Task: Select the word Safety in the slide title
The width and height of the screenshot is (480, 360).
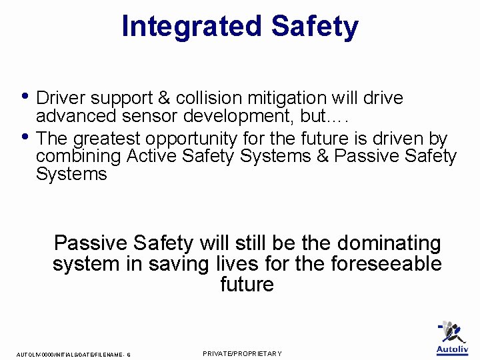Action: tap(315, 27)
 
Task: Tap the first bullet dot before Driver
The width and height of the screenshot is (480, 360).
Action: tap(25, 95)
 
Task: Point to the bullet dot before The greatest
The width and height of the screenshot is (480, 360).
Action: tap(25, 136)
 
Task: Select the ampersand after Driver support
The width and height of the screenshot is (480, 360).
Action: tap(164, 98)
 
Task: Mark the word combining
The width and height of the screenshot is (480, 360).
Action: tap(79, 157)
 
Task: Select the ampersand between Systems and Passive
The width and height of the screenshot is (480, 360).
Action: tap(323, 156)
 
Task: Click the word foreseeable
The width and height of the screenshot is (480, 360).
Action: tap(386, 263)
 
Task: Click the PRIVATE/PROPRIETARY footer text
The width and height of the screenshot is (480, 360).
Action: tap(242, 353)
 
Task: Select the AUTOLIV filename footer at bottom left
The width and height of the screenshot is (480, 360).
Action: tap(73, 355)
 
